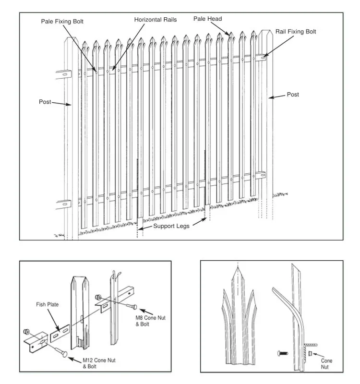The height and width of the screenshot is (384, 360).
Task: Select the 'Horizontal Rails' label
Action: click(x=155, y=20)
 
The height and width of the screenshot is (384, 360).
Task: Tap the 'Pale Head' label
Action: click(x=207, y=19)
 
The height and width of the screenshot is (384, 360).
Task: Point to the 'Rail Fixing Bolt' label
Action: click(x=296, y=32)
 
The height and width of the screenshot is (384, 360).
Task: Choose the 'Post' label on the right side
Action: click(x=293, y=95)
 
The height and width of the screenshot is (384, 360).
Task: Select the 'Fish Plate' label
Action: click(x=47, y=304)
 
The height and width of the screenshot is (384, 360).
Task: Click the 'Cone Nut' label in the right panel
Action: click(x=327, y=363)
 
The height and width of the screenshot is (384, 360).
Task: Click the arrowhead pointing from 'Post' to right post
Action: click(x=270, y=97)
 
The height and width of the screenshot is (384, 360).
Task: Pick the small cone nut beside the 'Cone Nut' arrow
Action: click(x=310, y=354)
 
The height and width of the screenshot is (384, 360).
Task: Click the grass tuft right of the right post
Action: click(x=281, y=195)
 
